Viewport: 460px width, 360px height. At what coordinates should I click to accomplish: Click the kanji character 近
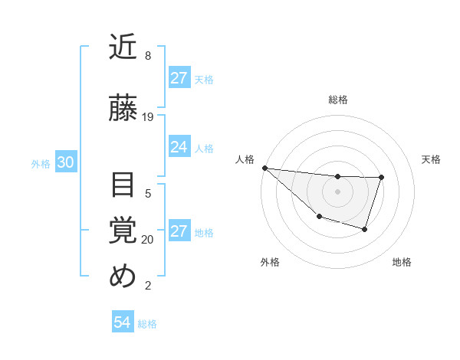pos(123,47)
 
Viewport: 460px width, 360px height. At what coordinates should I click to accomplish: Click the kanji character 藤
pos(123,108)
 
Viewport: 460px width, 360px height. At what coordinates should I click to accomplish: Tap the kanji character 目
pos(123,185)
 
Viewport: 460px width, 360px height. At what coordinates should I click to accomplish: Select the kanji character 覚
pos(123,231)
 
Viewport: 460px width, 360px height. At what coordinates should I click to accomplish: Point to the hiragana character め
pos(123,277)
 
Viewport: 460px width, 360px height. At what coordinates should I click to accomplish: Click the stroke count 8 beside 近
pos(148,56)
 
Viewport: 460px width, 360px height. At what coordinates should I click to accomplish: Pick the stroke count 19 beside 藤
pos(148,117)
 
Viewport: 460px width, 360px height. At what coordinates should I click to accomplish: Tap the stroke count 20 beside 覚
pos(148,240)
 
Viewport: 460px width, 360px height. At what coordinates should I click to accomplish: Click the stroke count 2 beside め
pos(148,286)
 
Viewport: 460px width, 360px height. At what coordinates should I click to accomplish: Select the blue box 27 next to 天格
pos(179,78)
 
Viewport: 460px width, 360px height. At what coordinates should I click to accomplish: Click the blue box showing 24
pos(179,147)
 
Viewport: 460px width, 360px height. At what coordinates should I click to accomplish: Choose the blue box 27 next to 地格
pos(179,232)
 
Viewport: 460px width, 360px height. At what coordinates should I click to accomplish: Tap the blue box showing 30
pos(65,162)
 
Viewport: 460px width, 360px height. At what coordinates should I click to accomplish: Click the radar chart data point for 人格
pos(264,168)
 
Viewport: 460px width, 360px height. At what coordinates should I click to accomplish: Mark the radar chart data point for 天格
pos(381,178)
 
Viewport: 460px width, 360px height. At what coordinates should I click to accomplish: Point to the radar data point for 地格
pos(365,229)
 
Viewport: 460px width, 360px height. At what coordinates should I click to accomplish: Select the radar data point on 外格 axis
pos(319,218)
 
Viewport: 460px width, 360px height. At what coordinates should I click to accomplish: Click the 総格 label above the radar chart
pos(337,100)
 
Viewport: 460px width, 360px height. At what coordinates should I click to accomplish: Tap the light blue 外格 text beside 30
pos(41,164)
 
